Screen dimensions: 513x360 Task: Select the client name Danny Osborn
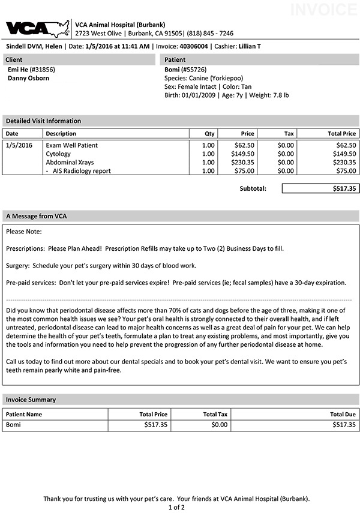point(28,78)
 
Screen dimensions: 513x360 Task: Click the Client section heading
point(15,59)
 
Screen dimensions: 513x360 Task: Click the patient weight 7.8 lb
point(278,95)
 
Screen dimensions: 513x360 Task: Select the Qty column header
point(209,133)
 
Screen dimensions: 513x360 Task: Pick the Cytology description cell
point(58,154)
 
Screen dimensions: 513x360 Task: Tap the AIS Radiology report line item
point(81,170)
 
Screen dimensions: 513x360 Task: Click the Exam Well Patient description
point(71,145)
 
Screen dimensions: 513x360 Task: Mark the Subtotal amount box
point(320,188)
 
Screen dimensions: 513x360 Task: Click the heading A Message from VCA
point(36,215)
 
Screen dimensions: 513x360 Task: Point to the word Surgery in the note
point(17,265)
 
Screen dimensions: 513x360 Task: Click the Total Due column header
point(343,414)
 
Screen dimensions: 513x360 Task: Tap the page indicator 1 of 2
point(176,507)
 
